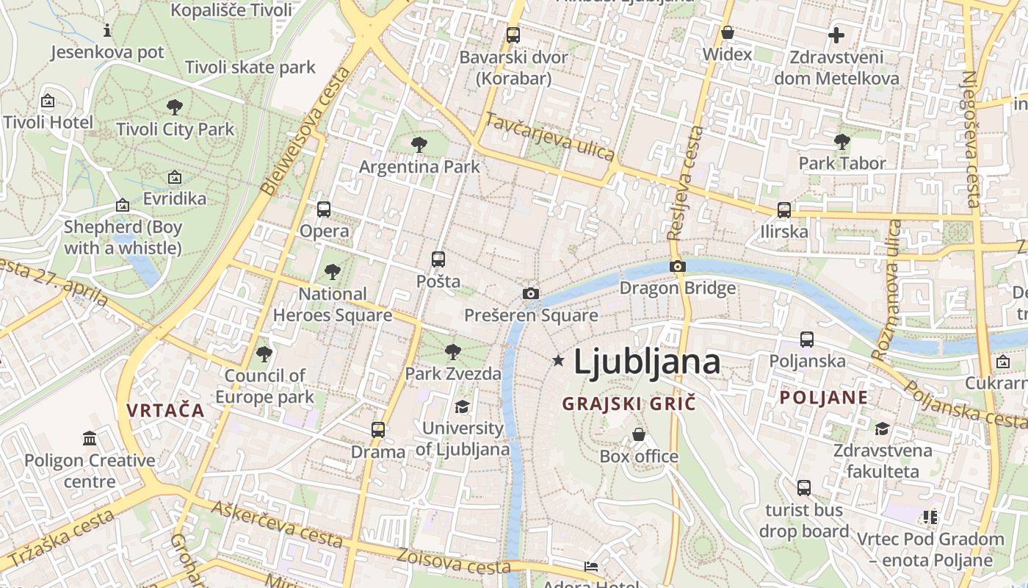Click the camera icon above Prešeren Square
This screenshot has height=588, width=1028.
pyautogui.click(x=530, y=294)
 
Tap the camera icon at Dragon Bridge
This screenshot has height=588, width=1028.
pyautogui.click(x=677, y=266)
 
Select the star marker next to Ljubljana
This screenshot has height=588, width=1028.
pyautogui.click(x=559, y=360)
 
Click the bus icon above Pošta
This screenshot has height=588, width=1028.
pyautogui.click(x=438, y=259)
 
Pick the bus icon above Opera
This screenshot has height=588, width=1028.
pyautogui.click(x=324, y=209)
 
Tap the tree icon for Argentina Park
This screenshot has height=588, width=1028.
pyautogui.click(x=419, y=145)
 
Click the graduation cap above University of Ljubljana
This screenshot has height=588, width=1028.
pyautogui.click(x=462, y=406)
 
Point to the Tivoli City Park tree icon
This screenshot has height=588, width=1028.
pyautogui.click(x=175, y=107)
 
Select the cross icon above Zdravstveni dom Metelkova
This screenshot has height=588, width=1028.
pyautogui.click(x=836, y=35)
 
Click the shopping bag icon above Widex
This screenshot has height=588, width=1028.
pyautogui.click(x=727, y=32)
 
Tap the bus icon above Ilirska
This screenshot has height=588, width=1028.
pyautogui.click(x=784, y=210)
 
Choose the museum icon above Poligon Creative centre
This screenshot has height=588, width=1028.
pyautogui.click(x=90, y=439)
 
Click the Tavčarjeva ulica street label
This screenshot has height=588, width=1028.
pyautogui.click(x=549, y=137)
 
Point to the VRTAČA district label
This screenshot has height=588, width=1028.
pyautogui.click(x=165, y=410)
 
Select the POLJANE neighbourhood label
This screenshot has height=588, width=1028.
pyautogui.click(x=823, y=398)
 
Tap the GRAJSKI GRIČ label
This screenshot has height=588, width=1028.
pyautogui.click(x=629, y=404)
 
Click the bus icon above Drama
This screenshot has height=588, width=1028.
pyautogui.click(x=378, y=430)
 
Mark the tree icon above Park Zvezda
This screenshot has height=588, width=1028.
pyautogui.click(x=453, y=351)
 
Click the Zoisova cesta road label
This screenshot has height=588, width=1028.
pyautogui.click(x=453, y=562)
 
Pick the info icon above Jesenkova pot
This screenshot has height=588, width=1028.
pyautogui.click(x=107, y=30)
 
